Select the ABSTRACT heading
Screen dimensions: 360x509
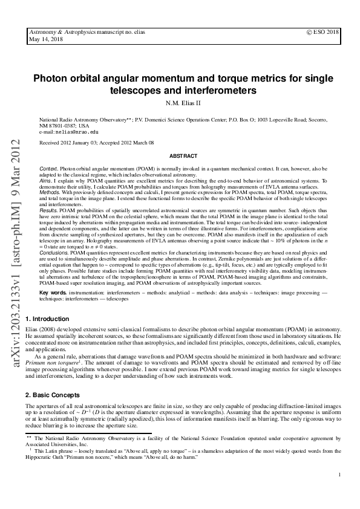tap(179, 155)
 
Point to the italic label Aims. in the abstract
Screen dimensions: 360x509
tap(45, 180)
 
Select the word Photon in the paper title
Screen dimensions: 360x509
tap(49, 78)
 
